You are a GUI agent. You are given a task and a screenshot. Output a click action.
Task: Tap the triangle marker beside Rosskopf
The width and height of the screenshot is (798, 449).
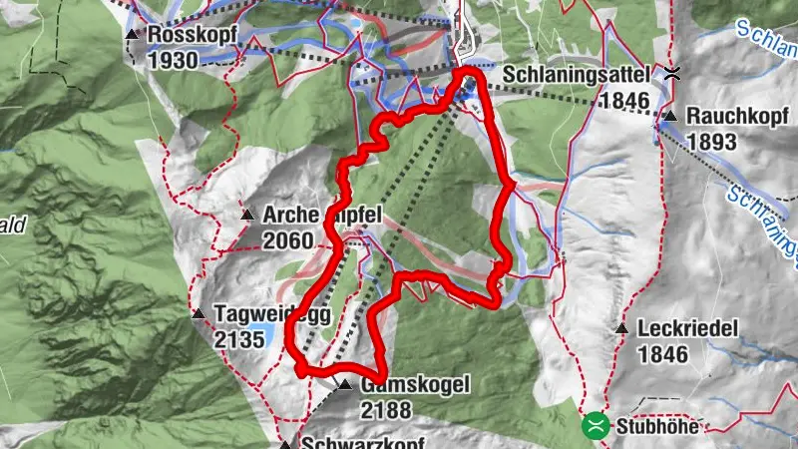(x=132, y=35)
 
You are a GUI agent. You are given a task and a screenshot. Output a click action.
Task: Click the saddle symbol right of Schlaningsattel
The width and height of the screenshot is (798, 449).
(x=674, y=73)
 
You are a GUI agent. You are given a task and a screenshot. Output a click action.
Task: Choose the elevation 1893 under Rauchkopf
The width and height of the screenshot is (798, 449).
(x=711, y=143)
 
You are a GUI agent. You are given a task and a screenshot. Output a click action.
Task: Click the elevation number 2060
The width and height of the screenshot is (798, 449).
(x=288, y=240)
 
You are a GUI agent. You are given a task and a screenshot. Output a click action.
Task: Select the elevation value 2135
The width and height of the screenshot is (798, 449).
(x=238, y=340)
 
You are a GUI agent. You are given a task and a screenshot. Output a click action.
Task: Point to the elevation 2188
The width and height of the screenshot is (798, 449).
(x=386, y=410)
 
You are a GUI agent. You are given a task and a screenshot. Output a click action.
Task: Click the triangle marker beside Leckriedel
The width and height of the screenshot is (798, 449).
(x=622, y=328)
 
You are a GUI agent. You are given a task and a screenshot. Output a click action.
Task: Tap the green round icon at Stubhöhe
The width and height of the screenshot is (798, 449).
(x=596, y=426)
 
